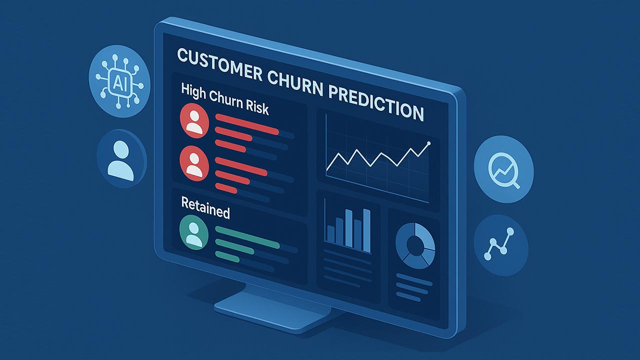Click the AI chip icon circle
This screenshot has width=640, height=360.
click(119, 81)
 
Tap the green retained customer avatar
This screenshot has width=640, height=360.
click(194, 232)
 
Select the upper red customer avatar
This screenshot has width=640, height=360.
click(194, 120)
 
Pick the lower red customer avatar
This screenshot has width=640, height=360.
click(194, 163)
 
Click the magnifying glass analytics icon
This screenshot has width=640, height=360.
click(504, 169)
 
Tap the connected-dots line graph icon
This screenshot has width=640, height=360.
click(501, 245)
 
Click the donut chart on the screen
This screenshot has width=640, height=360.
click(415, 245)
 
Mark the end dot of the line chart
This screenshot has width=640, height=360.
click(428, 143)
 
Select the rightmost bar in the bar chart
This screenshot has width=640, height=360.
click(366, 230)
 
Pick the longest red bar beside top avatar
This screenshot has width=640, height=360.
click(247, 124)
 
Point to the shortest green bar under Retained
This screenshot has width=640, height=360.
click(227, 256)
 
